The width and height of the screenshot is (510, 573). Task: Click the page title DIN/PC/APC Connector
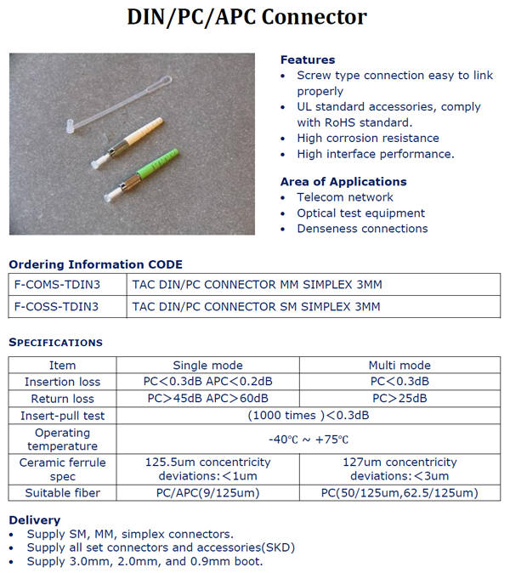[x=247, y=17]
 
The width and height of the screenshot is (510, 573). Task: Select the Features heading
[x=308, y=60]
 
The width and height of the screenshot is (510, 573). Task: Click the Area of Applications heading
[x=343, y=181]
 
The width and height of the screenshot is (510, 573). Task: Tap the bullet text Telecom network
[x=345, y=197]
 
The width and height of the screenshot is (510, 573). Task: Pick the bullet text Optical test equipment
[x=360, y=213]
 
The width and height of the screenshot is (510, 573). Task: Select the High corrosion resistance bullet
[x=368, y=138]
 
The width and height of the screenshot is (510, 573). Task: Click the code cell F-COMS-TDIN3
[x=56, y=284]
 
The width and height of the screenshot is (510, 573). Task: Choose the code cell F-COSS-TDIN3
[x=56, y=306]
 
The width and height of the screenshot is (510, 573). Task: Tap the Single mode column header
[x=208, y=366]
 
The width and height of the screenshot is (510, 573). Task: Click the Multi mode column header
[x=399, y=366]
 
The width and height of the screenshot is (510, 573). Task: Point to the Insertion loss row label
[x=62, y=382]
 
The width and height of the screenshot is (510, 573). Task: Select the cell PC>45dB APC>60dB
[x=208, y=398]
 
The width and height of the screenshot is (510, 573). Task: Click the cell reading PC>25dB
[x=399, y=398]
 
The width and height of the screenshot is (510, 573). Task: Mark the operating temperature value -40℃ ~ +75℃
[x=308, y=440]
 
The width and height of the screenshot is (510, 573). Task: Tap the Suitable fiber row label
[x=62, y=493]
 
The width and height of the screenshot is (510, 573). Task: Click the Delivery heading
[x=34, y=519]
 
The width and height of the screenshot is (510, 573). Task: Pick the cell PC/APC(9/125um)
[x=208, y=493]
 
